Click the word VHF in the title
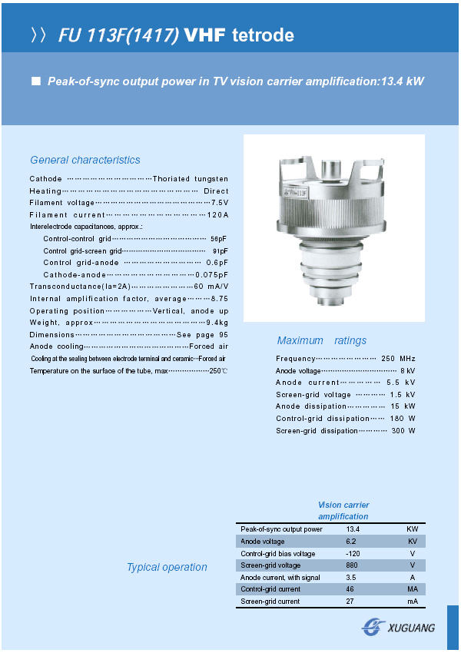pyautogui.click(x=205, y=35)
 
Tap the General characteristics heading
pyautogui.click(x=85, y=160)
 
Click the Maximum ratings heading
pyautogui.click(x=322, y=340)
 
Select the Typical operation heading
pyautogui.click(x=167, y=567)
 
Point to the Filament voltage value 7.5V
pyautogui.click(x=220, y=202)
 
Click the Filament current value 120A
pyautogui.click(x=217, y=214)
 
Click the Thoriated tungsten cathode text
pyautogui.click(x=191, y=178)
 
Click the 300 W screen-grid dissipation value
pyautogui.click(x=403, y=431)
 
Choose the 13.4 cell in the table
pyautogui.click(x=353, y=529)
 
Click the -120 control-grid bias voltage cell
pyautogui.click(x=353, y=553)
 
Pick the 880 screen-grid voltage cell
pyautogui.click(x=352, y=565)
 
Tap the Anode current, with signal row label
pyautogui.click(x=280, y=577)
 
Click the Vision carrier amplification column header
pyautogui.click(x=343, y=511)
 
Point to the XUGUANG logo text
pyautogui.click(x=412, y=628)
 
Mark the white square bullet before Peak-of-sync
pyautogui.click(x=35, y=81)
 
